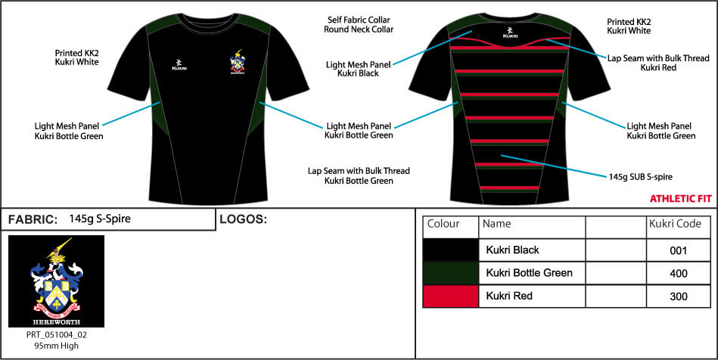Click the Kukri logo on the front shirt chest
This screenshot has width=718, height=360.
coord(179,64)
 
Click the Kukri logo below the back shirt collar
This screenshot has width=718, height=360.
coord(508,31)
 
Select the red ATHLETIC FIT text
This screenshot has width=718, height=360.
coord(681,199)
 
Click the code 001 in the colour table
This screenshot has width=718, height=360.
coord(678,251)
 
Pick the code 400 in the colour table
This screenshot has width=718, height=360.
coord(678,274)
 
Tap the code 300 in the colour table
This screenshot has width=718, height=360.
coord(678,296)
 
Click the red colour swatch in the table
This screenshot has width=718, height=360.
coord(451,296)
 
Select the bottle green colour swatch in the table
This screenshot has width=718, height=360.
coord(451,274)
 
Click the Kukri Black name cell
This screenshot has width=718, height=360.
coord(512,250)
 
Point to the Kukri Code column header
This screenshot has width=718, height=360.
coord(676,224)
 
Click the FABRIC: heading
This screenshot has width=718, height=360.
coord(33,220)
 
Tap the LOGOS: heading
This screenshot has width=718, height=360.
coord(243,219)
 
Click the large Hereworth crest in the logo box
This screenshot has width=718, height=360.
coord(56,281)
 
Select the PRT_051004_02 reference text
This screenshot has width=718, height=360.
coord(56,335)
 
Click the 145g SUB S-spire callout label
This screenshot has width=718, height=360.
coord(640,176)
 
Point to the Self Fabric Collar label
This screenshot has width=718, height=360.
coord(359,20)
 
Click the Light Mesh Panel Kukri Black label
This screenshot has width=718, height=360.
coord(359,69)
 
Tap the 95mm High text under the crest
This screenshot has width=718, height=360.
coord(56,346)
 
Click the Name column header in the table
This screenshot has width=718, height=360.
coord(497,224)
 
